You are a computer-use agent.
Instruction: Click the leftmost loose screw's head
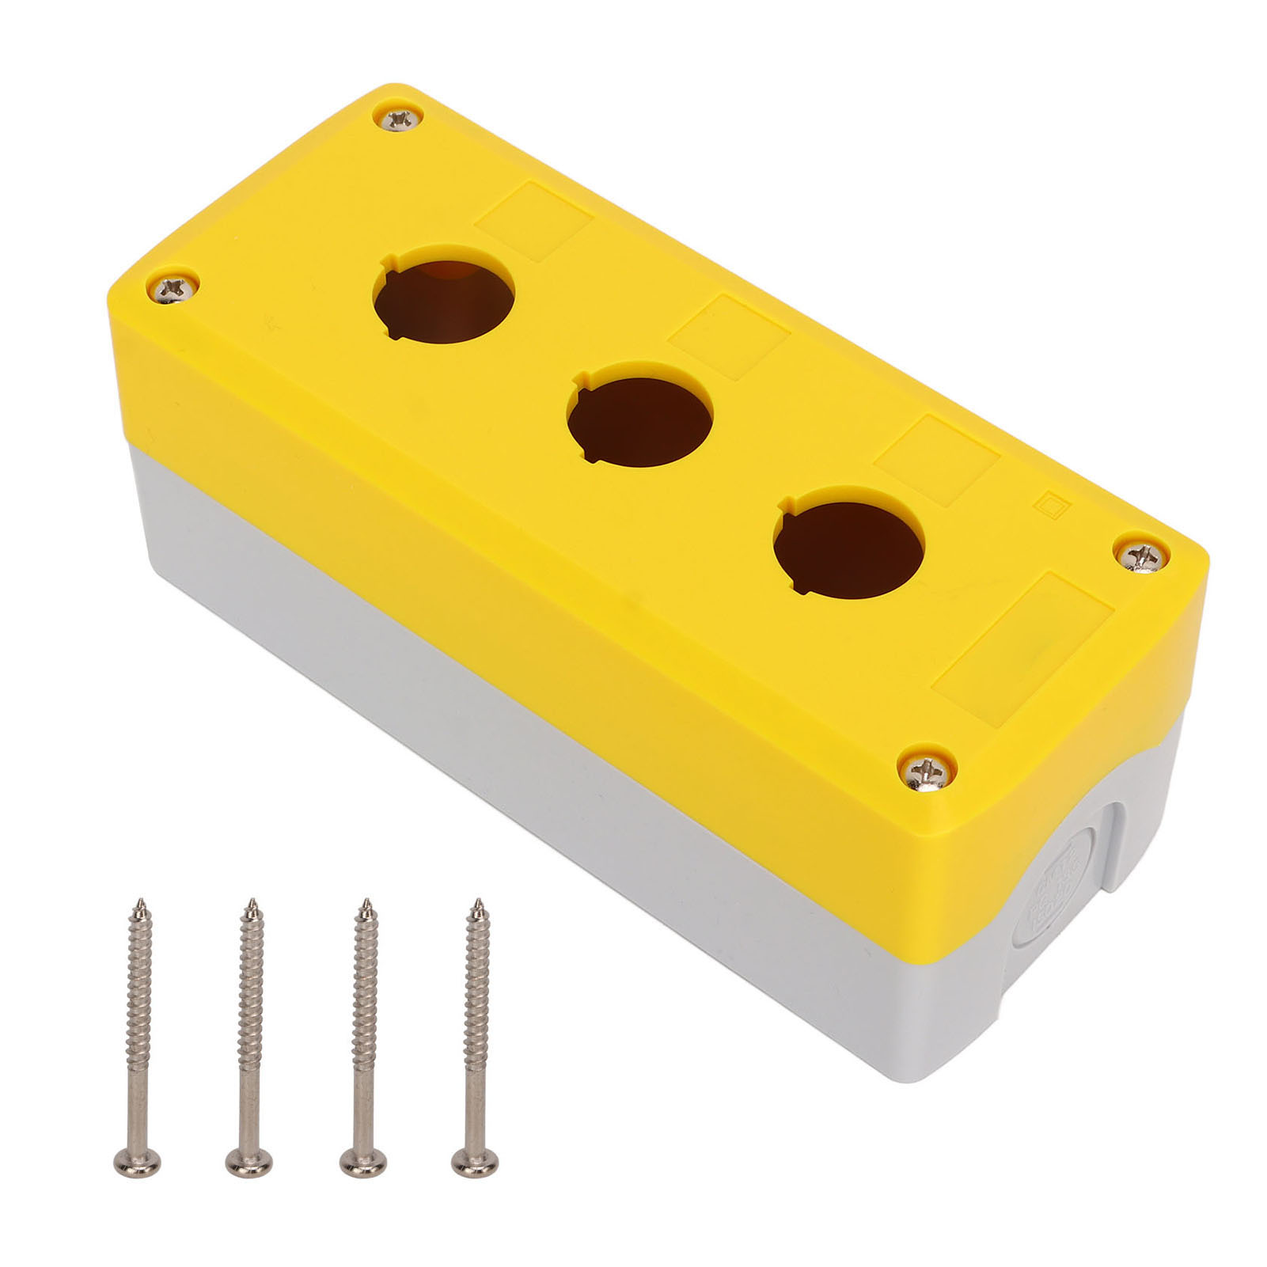137,1161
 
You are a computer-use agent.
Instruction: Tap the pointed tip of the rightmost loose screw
476,905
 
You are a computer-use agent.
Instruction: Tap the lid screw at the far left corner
173,288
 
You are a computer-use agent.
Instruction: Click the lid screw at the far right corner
1143,554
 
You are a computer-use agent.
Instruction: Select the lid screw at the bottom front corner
927,768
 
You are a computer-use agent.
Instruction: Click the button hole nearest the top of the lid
444,294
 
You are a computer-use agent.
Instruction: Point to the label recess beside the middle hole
730,336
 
